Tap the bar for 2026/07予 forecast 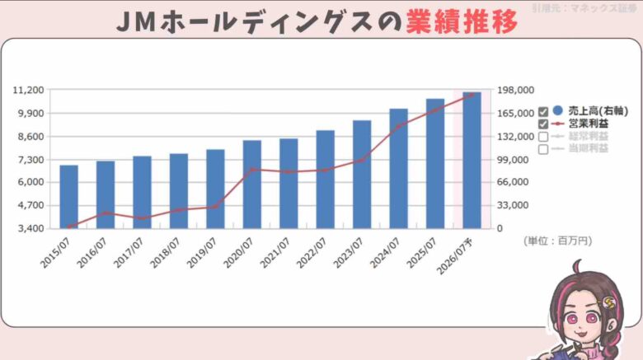tap(472, 160)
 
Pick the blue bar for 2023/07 tap(362, 174)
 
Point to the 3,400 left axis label tap(31, 228)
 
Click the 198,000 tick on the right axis tap(519, 91)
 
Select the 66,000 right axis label tap(519, 182)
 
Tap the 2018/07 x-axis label tap(166, 251)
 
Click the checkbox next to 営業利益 tap(543, 124)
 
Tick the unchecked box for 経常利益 tap(543, 137)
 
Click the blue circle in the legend tap(558, 110)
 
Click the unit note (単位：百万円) tap(557, 241)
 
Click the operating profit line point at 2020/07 tap(252, 169)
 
